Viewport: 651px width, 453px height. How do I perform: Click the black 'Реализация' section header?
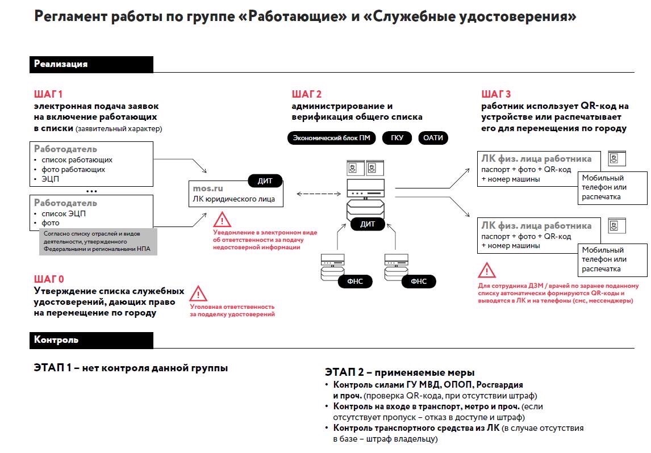tap(91, 64)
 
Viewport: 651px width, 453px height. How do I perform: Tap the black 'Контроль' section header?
tap(91, 340)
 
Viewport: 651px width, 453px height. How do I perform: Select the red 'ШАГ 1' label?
tap(48, 94)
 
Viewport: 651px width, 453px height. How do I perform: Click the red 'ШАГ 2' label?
tap(307, 94)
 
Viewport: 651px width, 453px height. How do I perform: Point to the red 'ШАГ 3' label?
tap(496, 94)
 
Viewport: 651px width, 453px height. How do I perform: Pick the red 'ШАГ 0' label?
tap(49, 279)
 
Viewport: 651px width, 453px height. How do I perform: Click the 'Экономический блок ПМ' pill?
tap(331, 138)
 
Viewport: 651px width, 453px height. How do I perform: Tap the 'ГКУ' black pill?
tap(397, 138)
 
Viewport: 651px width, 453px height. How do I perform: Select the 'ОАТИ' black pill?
tap(433, 138)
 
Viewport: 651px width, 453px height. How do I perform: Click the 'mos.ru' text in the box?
tap(207, 188)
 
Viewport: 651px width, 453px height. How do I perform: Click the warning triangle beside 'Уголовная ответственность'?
tap(198, 293)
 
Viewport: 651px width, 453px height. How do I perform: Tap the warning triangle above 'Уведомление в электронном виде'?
tap(222, 219)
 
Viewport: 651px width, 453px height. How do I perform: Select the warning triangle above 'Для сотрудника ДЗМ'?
tap(486, 270)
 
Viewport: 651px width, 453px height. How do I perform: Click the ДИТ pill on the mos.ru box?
tap(265, 181)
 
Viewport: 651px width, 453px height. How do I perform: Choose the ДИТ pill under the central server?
tap(368, 224)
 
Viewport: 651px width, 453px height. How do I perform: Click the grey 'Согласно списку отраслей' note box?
tap(98, 242)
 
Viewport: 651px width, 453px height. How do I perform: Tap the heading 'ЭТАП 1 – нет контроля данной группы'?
tap(131, 368)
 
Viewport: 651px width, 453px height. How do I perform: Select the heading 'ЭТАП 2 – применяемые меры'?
tap(400, 373)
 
